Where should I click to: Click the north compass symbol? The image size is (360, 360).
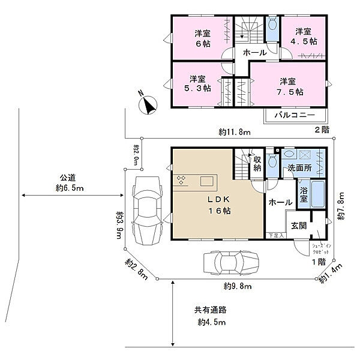point(147,104)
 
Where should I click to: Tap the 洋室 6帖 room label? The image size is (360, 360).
point(202,38)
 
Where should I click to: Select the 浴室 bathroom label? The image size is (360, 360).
point(304,195)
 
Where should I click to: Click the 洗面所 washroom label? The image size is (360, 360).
point(299,168)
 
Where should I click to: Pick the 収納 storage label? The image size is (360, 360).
point(257,163)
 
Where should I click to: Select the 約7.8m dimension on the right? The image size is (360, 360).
point(340,206)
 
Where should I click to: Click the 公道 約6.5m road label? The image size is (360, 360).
point(70,183)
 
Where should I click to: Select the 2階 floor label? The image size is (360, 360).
point(322,130)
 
